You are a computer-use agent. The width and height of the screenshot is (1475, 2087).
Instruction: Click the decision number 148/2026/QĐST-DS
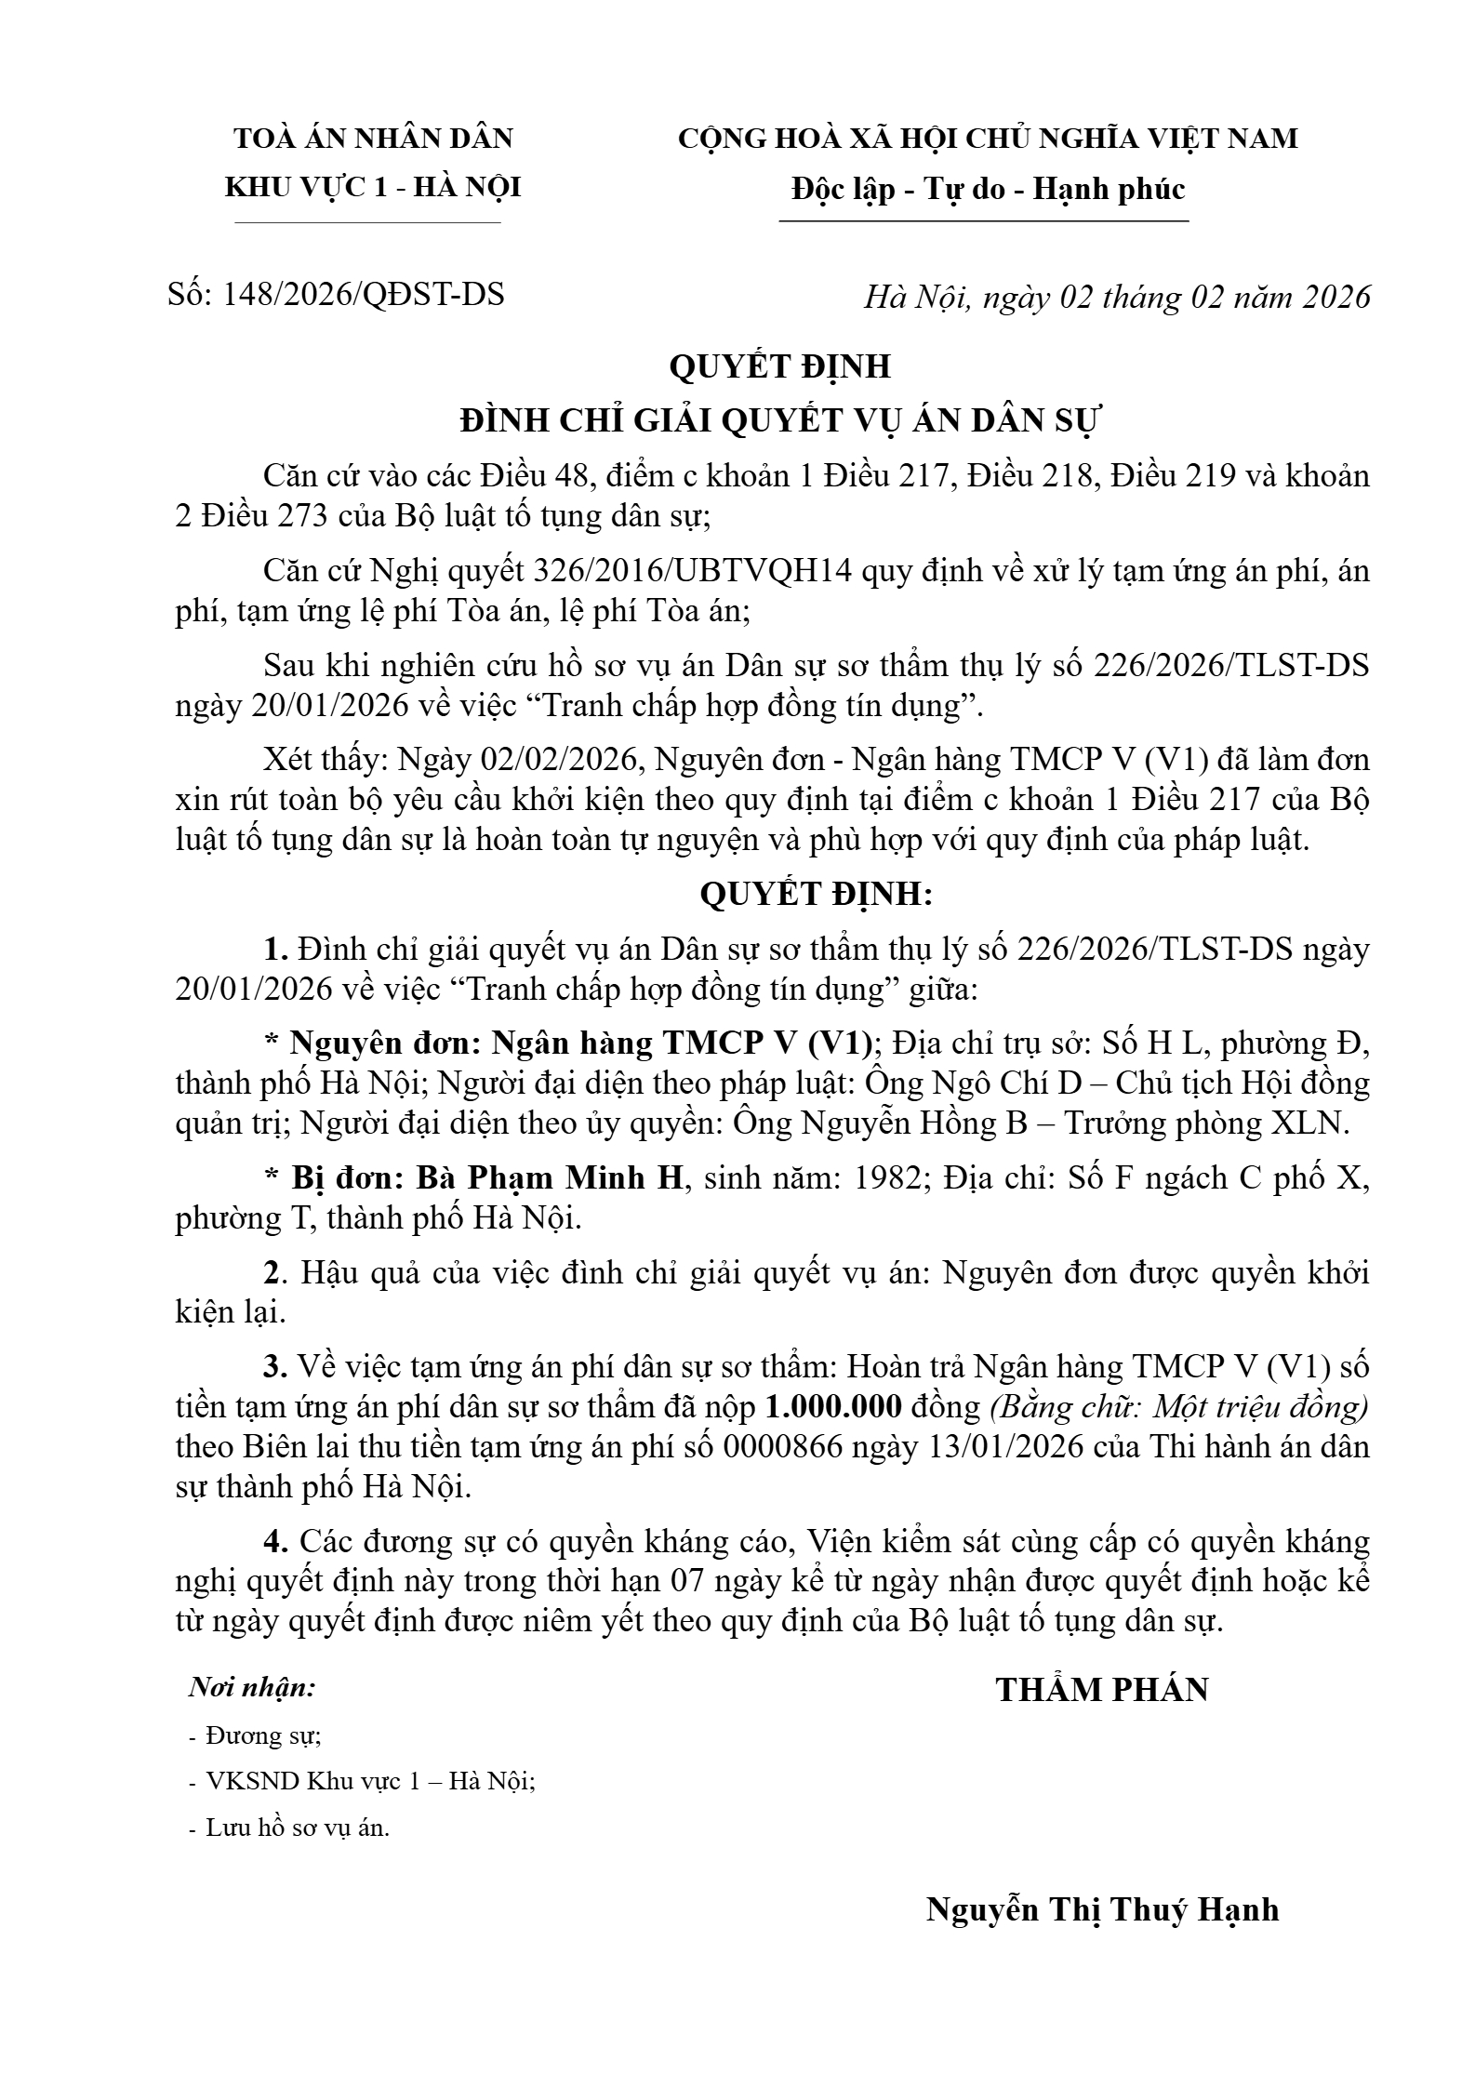click(x=364, y=294)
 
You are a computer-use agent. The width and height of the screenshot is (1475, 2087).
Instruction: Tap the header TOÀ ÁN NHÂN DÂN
click(x=373, y=139)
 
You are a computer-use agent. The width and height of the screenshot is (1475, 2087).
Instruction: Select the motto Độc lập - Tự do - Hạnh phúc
click(x=988, y=190)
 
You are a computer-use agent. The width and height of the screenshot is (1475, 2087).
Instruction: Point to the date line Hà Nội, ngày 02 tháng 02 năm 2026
click(x=1117, y=297)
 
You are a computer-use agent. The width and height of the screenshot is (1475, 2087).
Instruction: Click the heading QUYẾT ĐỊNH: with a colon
click(x=815, y=894)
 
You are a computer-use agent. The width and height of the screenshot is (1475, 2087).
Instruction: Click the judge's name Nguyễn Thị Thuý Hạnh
click(x=1102, y=1909)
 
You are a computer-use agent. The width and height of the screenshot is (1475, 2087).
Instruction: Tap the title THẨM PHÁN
click(x=1102, y=1689)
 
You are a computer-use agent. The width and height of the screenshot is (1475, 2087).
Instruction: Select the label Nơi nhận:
click(x=252, y=1687)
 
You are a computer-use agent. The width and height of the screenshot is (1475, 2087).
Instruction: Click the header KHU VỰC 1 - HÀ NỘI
click(x=373, y=188)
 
